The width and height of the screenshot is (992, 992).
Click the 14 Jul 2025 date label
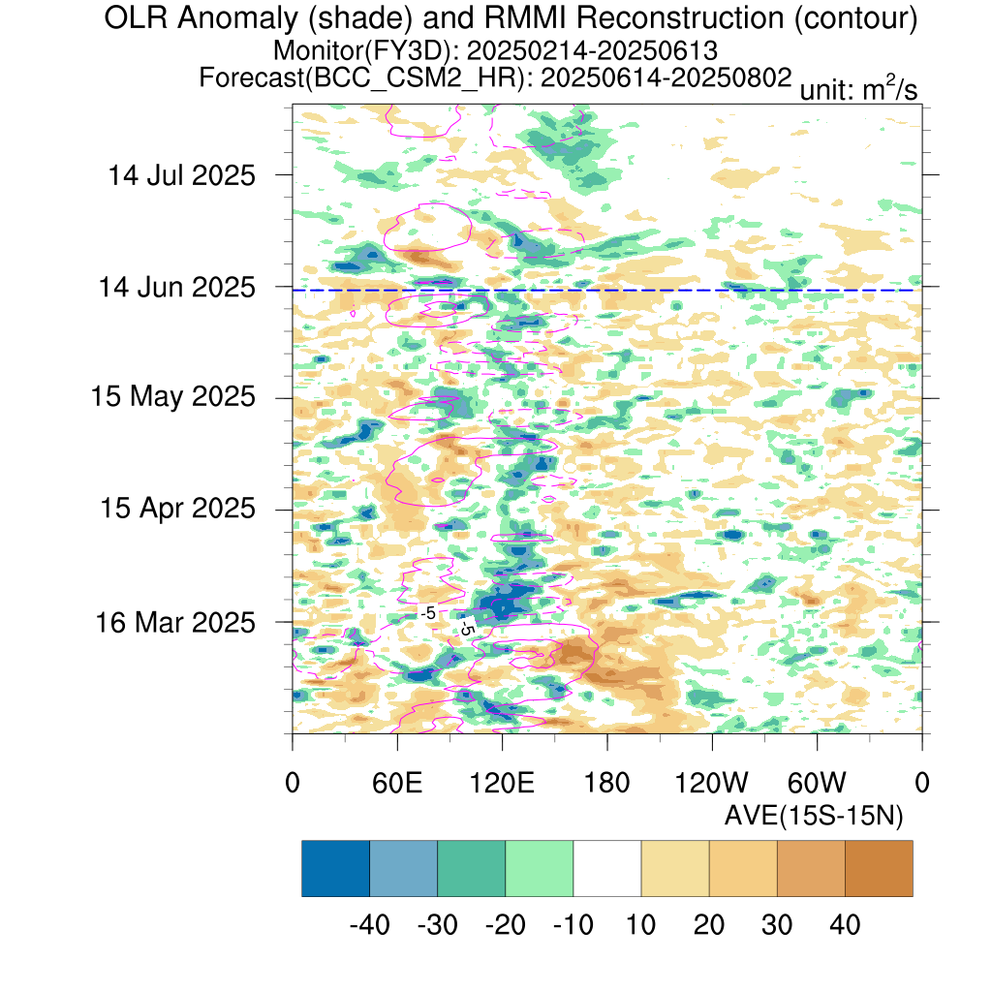(181, 175)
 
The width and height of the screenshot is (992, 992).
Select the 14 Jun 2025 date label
(176, 287)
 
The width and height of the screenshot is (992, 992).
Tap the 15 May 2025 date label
(172, 396)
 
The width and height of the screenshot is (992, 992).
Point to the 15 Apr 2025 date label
(178, 508)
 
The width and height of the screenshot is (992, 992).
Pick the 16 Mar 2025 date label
(175, 623)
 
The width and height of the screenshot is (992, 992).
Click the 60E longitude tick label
(397, 783)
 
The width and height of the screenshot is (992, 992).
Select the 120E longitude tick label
(502, 783)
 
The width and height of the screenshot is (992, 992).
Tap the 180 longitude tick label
(606, 783)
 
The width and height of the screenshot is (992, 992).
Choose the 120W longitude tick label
(712, 783)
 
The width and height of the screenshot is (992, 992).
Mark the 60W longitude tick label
(817, 783)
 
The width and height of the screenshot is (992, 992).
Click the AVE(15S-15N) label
(814, 816)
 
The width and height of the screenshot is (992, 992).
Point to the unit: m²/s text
(858, 88)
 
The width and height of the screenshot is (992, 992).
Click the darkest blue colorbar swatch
(335, 868)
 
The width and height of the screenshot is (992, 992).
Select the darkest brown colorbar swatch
(879, 868)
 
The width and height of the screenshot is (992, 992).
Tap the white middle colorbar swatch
(607, 868)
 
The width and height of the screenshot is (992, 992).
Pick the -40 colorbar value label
(369, 925)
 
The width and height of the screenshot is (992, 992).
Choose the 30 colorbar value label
(777, 925)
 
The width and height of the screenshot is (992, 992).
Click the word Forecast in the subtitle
(252, 77)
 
